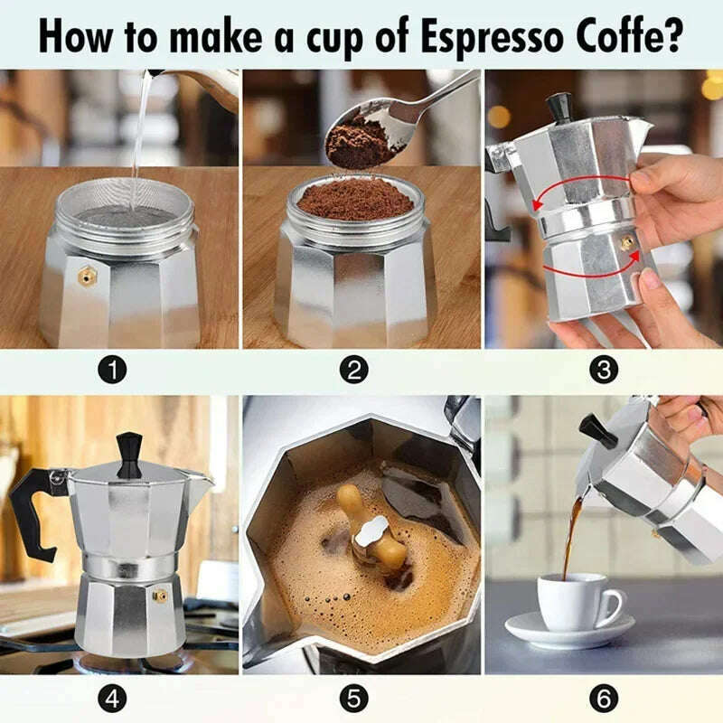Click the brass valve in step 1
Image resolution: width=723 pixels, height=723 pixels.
click(x=88, y=272)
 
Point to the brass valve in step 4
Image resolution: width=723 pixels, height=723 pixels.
click(x=160, y=596)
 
